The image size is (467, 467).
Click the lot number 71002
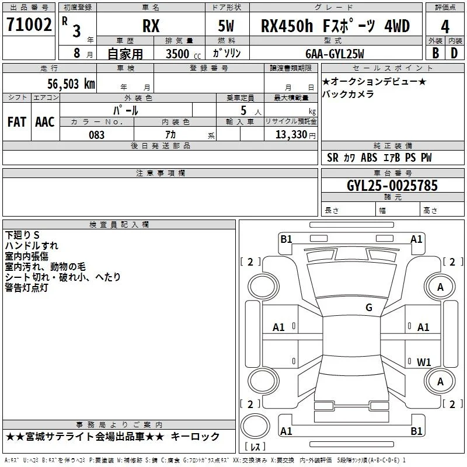[x=29, y=25]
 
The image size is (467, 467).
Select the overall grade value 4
[x=445, y=27]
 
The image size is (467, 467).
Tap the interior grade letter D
[x=454, y=53]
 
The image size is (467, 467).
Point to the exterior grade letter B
[x=435, y=53]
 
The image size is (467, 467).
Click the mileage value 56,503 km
[x=71, y=84]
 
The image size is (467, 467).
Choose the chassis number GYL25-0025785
[x=392, y=186]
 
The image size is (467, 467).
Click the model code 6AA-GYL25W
[x=334, y=54]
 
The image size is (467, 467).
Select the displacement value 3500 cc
[x=183, y=54]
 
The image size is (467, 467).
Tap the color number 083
[x=96, y=135]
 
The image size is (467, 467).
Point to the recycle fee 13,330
[x=291, y=135]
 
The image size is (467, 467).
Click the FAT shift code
[x=17, y=122]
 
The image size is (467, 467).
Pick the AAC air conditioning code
[x=45, y=122]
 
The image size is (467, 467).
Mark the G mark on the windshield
[x=369, y=308]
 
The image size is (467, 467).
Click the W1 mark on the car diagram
[x=424, y=362]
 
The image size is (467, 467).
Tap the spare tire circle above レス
[x=255, y=427]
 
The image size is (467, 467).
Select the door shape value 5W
[x=226, y=26]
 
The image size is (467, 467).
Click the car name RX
[x=151, y=26]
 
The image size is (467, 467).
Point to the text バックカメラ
[x=348, y=94]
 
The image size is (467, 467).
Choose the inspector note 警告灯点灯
[x=26, y=288]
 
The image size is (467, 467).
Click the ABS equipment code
[x=369, y=158]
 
